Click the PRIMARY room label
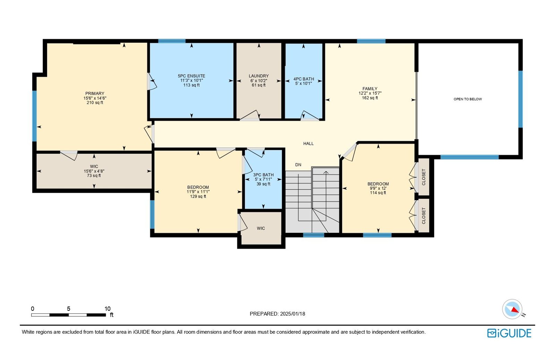[x=95, y=93]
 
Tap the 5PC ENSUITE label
[x=191, y=76]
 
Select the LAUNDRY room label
[x=259, y=76]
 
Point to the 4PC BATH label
[x=304, y=79]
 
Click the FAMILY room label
[x=370, y=89]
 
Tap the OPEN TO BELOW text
[x=468, y=99]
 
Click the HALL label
[x=308, y=144]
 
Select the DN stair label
[x=298, y=165]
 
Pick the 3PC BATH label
[x=263, y=175]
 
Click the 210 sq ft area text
[x=95, y=103]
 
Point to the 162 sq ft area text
[x=370, y=98]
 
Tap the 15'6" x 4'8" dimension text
[x=94, y=171]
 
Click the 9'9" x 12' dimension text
[x=378, y=188]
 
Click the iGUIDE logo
[x=509, y=333]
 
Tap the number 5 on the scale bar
[x=69, y=309]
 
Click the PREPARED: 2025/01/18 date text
[x=277, y=314]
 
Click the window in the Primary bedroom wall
[x=34, y=116]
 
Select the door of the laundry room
[x=250, y=116]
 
